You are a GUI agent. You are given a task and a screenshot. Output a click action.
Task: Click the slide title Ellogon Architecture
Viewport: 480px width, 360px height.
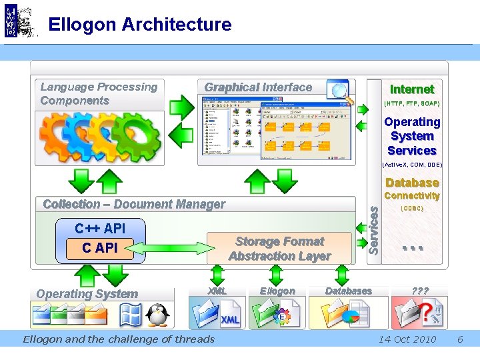coord(140,25)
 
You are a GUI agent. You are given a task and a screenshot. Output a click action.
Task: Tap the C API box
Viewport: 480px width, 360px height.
coord(100,248)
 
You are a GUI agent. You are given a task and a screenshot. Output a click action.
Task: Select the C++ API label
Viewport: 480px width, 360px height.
coord(100,228)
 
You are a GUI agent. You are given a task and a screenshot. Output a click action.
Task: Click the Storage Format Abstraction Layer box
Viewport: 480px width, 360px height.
coord(280,249)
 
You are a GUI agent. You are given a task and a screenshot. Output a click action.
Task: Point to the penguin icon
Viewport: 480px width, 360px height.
coord(158,315)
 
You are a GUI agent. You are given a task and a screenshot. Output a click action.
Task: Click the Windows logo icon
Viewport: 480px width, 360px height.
coord(130,315)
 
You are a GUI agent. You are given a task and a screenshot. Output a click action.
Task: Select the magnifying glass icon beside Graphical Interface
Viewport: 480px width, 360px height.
coord(340,91)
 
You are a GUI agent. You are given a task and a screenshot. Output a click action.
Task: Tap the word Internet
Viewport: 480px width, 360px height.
coord(411,89)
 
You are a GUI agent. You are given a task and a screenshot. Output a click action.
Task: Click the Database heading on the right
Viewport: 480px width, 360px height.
coord(412,183)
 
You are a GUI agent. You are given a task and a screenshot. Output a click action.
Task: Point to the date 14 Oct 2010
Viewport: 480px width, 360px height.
coord(407,339)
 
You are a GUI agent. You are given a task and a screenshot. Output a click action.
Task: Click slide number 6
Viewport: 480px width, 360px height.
coord(460,339)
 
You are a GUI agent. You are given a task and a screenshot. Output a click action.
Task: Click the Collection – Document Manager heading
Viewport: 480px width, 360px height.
coord(134,204)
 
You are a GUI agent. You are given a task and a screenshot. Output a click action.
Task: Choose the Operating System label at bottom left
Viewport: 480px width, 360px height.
coord(87,294)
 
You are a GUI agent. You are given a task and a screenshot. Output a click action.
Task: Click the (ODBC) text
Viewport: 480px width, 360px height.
coord(411,208)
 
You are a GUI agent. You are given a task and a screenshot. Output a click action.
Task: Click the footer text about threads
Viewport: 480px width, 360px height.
coord(119,339)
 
